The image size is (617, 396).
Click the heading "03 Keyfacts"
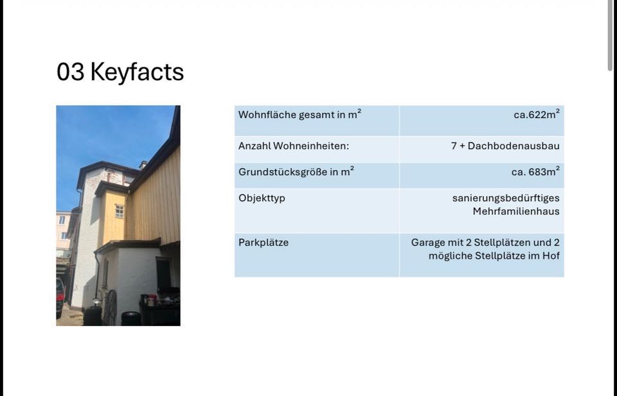[x=120, y=73]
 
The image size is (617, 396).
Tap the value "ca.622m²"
[x=536, y=114]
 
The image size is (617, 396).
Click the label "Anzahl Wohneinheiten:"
[x=294, y=146]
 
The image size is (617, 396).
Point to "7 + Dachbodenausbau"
[x=505, y=146]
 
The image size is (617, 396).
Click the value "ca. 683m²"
[x=535, y=171]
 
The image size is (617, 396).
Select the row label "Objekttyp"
[x=262, y=198]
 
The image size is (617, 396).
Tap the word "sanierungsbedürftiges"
[x=506, y=198]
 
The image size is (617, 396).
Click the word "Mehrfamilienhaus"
[x=516, y=211]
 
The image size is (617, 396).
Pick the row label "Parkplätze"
[x=264, y=243]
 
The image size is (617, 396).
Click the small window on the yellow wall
[x=120, y=211]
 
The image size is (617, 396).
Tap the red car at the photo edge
[x=60, y=297]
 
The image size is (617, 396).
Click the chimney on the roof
[x=143, y=165]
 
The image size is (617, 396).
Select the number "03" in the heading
[x=71, y=72]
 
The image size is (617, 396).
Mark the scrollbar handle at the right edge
[x=610, y=35]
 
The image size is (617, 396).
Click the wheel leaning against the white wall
[x=110, y=308]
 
